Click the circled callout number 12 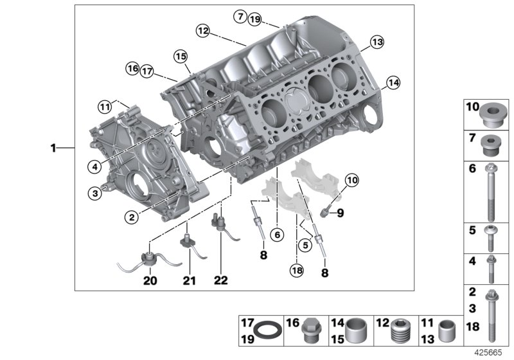pyautogui.click(x=202, y=30)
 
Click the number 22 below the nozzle pyautogui.click(x=220, y=280)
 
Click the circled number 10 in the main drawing pyautogui.click(x=351, y=182)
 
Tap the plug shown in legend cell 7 pyautogui.click(x=492, y=147)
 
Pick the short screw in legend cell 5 pyautogui.click(x=492, y=238)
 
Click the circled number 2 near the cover pyautogui.click(x=131, y=217)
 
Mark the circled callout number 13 pyautogui.click(x=376, y=42)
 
